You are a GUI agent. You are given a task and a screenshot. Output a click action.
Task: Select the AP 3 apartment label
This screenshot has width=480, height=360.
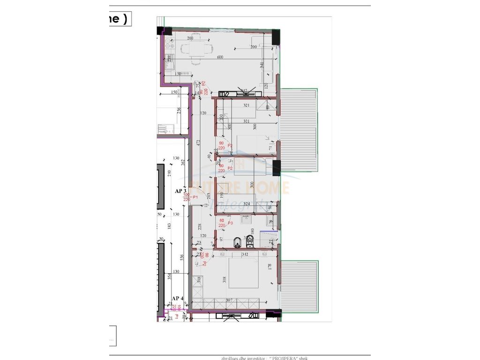click(x=181, y=191)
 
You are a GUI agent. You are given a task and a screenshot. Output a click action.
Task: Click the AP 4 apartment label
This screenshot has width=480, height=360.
click(x=177, y=298)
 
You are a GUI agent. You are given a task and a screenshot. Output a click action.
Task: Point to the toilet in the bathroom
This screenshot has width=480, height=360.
click(x=238, y=242)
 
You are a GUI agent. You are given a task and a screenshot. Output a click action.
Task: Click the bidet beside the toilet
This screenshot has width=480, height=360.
click(x=250, y=242)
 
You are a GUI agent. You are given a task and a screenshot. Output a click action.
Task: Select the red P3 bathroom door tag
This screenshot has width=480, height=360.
click(x=230, y=223)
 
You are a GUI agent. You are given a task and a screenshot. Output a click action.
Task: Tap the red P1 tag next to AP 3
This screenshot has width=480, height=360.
click(x=195, y=197)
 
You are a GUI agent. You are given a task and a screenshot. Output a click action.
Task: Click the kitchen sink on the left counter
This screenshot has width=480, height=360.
click(x=167, y=59)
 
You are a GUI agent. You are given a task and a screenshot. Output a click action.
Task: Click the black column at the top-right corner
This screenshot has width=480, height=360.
click(x=276, y=37)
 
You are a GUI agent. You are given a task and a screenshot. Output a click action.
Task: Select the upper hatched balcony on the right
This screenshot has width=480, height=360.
click(x=299, y=131)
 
